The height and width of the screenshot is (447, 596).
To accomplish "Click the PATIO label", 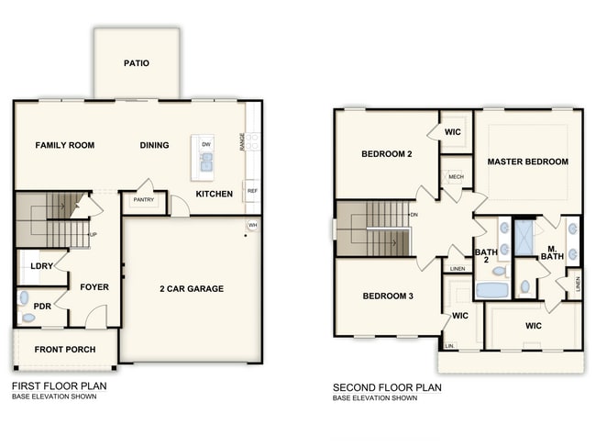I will click(136, 63).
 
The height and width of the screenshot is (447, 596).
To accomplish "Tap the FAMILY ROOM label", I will click(65, 145).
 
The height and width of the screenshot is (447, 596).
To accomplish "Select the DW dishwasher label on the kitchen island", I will click(206, 144).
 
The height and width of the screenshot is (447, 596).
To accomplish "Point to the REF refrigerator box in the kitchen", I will click(251, 191).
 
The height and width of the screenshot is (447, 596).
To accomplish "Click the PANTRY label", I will click(143, 199).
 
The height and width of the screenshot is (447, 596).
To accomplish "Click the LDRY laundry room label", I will click(40, 266).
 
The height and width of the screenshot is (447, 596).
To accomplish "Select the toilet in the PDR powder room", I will click(28, 318).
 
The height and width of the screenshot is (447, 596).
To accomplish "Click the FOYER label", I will click(94, 287).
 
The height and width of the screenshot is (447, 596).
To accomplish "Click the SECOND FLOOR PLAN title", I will click(387, 387).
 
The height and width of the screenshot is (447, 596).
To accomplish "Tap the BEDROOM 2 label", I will click(386, 154).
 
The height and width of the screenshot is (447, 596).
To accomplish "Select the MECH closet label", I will click(456, 176).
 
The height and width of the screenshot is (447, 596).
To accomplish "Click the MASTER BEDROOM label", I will click(527, 162).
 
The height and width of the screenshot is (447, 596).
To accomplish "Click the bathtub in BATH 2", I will click(492, 291).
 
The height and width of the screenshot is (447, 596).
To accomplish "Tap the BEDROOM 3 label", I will click(388, 296).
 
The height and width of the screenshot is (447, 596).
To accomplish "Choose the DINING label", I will click(154, 145).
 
